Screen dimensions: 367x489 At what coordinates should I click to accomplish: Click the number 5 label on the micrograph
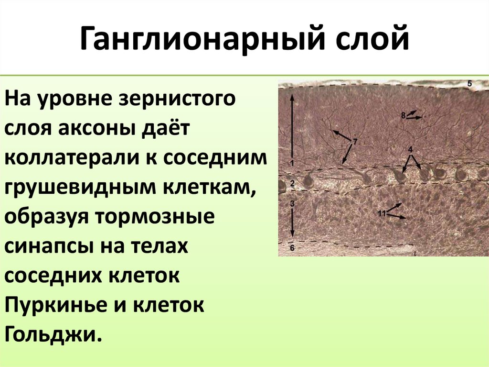469,84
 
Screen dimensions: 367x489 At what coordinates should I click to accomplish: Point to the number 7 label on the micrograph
355,142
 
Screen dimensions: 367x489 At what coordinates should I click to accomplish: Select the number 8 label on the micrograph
404,115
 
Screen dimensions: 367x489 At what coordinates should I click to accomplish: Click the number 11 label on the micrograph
382,213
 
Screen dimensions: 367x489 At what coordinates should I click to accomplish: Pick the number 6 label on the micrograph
292,247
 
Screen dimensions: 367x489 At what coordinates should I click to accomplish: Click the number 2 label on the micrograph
292,183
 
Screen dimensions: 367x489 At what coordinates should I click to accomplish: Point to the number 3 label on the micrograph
292,204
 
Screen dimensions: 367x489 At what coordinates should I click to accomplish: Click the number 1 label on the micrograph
292,161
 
